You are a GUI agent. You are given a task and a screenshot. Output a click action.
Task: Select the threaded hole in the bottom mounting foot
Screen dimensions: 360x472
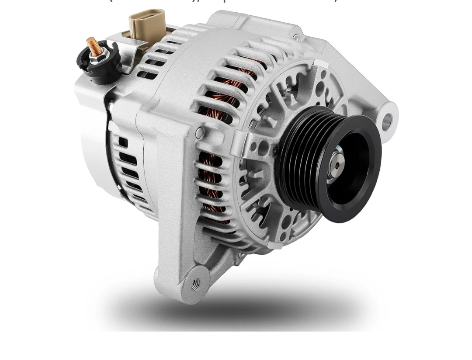pos(195,284)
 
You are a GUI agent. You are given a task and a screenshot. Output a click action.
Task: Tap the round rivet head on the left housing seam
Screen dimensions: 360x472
pos(199,132)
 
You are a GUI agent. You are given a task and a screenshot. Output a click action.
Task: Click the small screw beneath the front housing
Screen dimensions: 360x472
pos(240,255)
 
